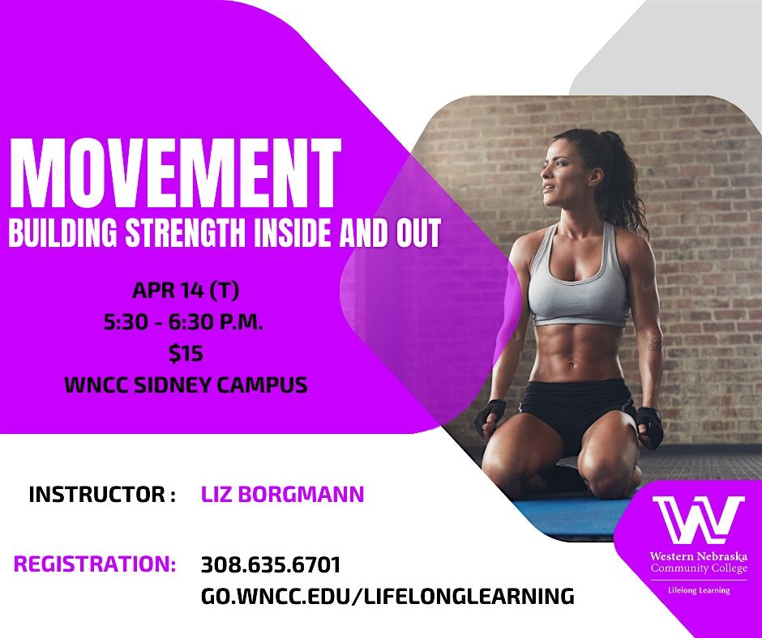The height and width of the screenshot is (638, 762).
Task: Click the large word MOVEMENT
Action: point(175,173)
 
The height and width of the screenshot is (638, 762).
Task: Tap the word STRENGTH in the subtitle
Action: point(186,232)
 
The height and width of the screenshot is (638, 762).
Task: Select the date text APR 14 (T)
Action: point(186,291)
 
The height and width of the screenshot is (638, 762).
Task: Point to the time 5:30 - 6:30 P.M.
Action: point(183,322)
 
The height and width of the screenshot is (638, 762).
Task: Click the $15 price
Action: point(186,354)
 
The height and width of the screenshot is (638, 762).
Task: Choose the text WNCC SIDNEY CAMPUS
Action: point(186,385)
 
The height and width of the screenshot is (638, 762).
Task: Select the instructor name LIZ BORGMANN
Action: point(282,494)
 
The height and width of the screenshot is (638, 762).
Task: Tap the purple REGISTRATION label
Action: point(95,564)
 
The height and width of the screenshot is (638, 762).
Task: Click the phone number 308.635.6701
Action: point(271,564)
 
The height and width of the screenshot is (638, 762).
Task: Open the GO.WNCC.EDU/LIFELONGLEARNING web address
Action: point(387,596)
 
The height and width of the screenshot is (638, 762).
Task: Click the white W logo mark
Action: point(698,520)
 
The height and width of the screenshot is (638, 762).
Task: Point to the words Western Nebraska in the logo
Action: point(698,556)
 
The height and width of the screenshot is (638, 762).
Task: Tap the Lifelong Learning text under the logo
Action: point(699,590)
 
